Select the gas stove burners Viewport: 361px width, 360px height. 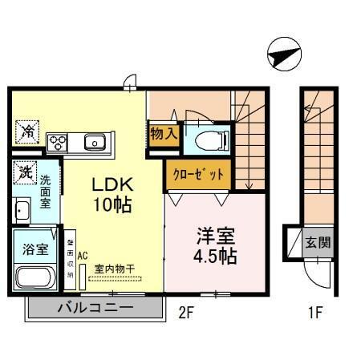(x=59, y=143)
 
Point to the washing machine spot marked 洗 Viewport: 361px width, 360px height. (x=24, y=171)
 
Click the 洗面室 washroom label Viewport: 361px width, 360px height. (x=46, y=192)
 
